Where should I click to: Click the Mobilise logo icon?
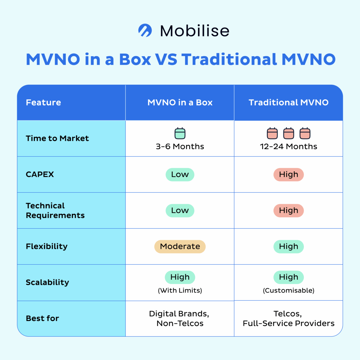coord(145,30)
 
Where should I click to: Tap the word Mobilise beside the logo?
coord(195,31)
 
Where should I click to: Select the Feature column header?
coord(43,102)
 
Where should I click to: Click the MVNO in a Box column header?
coord(180,102)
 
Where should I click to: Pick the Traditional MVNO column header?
coord(289,102)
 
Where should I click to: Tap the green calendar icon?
coord(180,133)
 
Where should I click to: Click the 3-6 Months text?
coord(180,147)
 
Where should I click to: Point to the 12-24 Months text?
coord(289,147)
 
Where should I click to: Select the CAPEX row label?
coord(40,174)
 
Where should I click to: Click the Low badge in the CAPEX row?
coord(180,175)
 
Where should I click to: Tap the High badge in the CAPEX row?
coord(289,175)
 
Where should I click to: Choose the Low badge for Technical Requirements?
coord(180,211)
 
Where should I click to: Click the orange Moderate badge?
coord(180,247)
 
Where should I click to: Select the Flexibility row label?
coord(47,246)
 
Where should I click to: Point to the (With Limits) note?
coord(180,291)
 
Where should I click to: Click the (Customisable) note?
coord(289,291)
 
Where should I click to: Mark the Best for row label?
coord(42,318)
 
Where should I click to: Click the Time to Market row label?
coord(57,138)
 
